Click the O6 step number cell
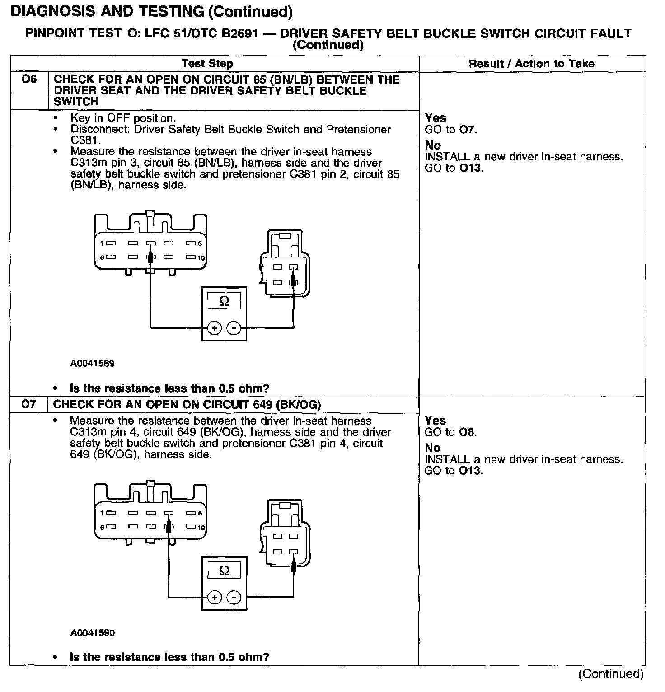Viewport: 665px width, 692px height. click(x=29, y=80)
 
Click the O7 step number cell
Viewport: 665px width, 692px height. click(x=29, y=404)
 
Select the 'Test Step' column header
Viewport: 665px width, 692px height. click(x=207, y=64)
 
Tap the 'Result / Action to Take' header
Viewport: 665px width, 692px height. click(x=531, y=64)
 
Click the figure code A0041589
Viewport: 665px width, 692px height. click(x=92, y=363)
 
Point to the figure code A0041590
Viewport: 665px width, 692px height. click(x=92, y=633)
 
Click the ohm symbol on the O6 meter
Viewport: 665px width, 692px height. click(x=224, y=301)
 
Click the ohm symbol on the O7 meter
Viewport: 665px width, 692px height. click(x=224, y=571)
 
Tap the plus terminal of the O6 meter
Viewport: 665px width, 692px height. click(x=214, y=327)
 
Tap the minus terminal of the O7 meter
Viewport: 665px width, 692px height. click(x=234, y=598)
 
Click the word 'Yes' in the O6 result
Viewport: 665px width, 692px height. click(x=436, y=118)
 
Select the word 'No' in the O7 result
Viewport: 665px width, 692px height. click(x=432, y=448)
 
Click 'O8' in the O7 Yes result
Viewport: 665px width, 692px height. click(x=467, y=432)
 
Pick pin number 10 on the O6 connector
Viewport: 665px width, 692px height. click(x=201, y=258)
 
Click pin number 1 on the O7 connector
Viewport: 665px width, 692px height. click(x=102, y=513)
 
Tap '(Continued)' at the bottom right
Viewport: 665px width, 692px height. click(x=611, y=674)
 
